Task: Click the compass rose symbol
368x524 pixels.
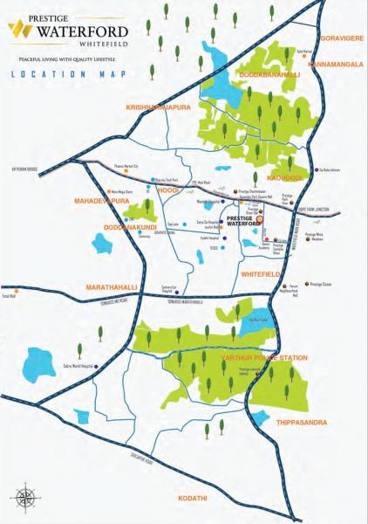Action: [x=26, y=496]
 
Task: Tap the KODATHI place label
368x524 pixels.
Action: [x=193, y=498]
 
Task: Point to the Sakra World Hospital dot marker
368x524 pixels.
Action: [x=97, y=367]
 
